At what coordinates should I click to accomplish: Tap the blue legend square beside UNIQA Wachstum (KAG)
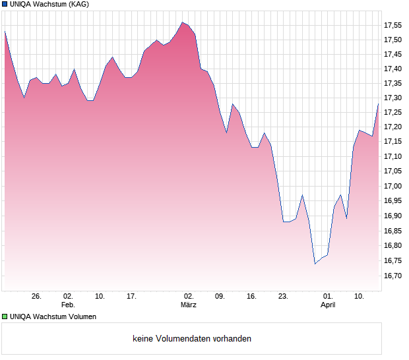pyautogui.click(x=5, y=4)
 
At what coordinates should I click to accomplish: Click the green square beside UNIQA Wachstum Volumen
pyautogui.click(x=5, y=316)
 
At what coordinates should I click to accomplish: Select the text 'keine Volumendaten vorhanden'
pyautogui.click(x=191, y=338)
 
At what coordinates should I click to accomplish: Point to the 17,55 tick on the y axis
pyautogui.click(x=393, y=25)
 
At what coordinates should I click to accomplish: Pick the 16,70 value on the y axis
pyautogui.click(x=393, y=275)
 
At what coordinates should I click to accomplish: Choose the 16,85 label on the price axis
pyautogui.click(x=393, y=231)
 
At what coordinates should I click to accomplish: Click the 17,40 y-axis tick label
pyautogui.click(x=393, y=69)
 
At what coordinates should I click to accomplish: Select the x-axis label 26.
pyautogui.click(x=36, y=297)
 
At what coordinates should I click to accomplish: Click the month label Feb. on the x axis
pyautogui.click(x=68, y=305)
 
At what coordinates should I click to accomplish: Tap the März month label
pyautogui.click(x=189, y=305)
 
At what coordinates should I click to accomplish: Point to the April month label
pyautogui.click(x=328, y=305)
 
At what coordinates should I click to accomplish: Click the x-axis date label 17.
pyautogui.click(x=131, y=297)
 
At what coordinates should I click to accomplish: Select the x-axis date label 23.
pyautogui.click(x=283, y=297)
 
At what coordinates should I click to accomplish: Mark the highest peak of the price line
pyautogui.click(x=182, y=22)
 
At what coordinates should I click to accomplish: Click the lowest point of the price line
pyautogui.click(x=315, y=264)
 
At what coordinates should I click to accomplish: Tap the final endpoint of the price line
pyautogui.click(x=378, y=104)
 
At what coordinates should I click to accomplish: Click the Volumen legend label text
pyautogui.click(x=53, y=316)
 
